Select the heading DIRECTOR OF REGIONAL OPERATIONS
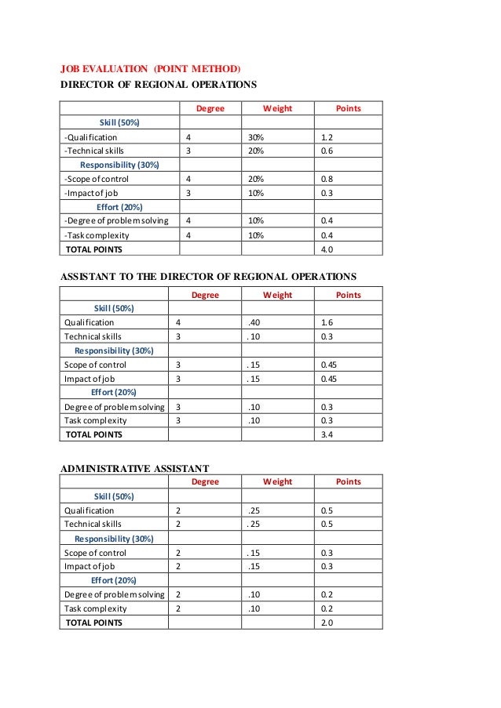point(159,85)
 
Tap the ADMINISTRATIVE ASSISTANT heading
point(134,468)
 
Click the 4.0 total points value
point(328,249)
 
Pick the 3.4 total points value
point(328,434)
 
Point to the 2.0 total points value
point(328,623)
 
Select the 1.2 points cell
point(328,136)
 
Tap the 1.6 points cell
point(328,322)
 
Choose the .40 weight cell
point(253,322)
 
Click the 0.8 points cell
point(328,179)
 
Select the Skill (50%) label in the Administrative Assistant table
point(114,496)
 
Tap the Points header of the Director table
point(348,107)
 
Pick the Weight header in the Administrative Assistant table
point(277,481)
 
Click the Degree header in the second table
point(206,295)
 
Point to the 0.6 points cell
point(328,151)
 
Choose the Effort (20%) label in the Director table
point(119,207)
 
